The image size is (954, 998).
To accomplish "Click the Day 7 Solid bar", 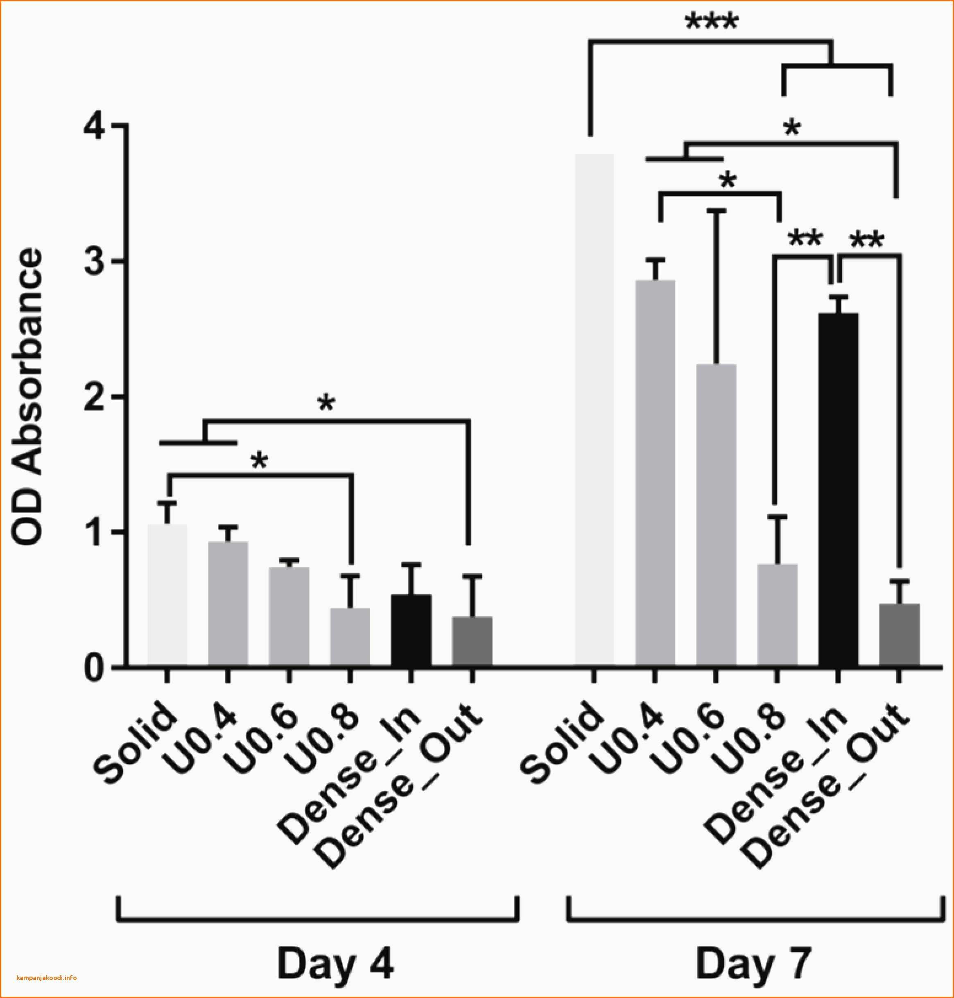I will (595, 410).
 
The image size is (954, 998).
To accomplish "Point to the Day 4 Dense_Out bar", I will (472, 641).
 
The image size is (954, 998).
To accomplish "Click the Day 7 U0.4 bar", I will (656, 473).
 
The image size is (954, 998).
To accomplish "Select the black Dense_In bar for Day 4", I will (411, 630).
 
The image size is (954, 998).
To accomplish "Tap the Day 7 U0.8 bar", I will (777, 614).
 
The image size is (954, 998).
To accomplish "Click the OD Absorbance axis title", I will (28, 397).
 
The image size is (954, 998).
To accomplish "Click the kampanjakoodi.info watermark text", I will (47, 978).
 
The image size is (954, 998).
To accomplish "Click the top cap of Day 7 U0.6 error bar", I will (717, 209).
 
